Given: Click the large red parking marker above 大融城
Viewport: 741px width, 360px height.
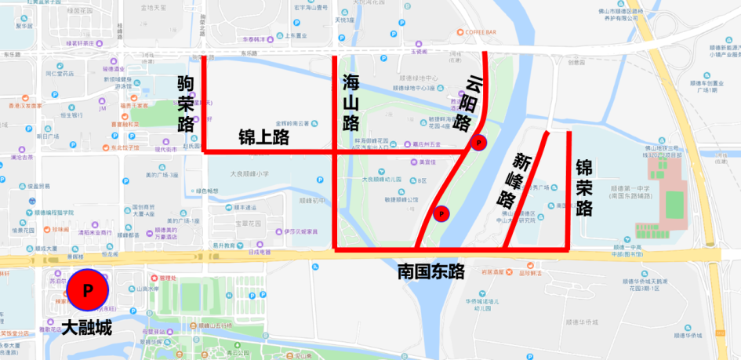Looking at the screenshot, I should pyautogui.click(x=88, y=290).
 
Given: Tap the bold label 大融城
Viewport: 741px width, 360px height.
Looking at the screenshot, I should pyautogui.click(x=86, y=328).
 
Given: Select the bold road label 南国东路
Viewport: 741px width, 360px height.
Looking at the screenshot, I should pyautogui.click(x=430, y=271).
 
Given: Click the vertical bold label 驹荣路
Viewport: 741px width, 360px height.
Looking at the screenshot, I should pyautogui.click(x=185, y=104).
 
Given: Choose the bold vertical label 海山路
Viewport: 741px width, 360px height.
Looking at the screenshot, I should pyautogui.click(x=351, y=103).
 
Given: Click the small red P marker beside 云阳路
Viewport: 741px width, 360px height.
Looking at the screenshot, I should pyautogui.click(x=478, y=143).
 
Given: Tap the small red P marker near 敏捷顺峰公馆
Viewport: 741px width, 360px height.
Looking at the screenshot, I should pyautogui.click(x=441, y=213).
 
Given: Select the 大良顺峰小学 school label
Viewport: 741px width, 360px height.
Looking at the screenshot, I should pyautogui.click(x=249, y=173).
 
